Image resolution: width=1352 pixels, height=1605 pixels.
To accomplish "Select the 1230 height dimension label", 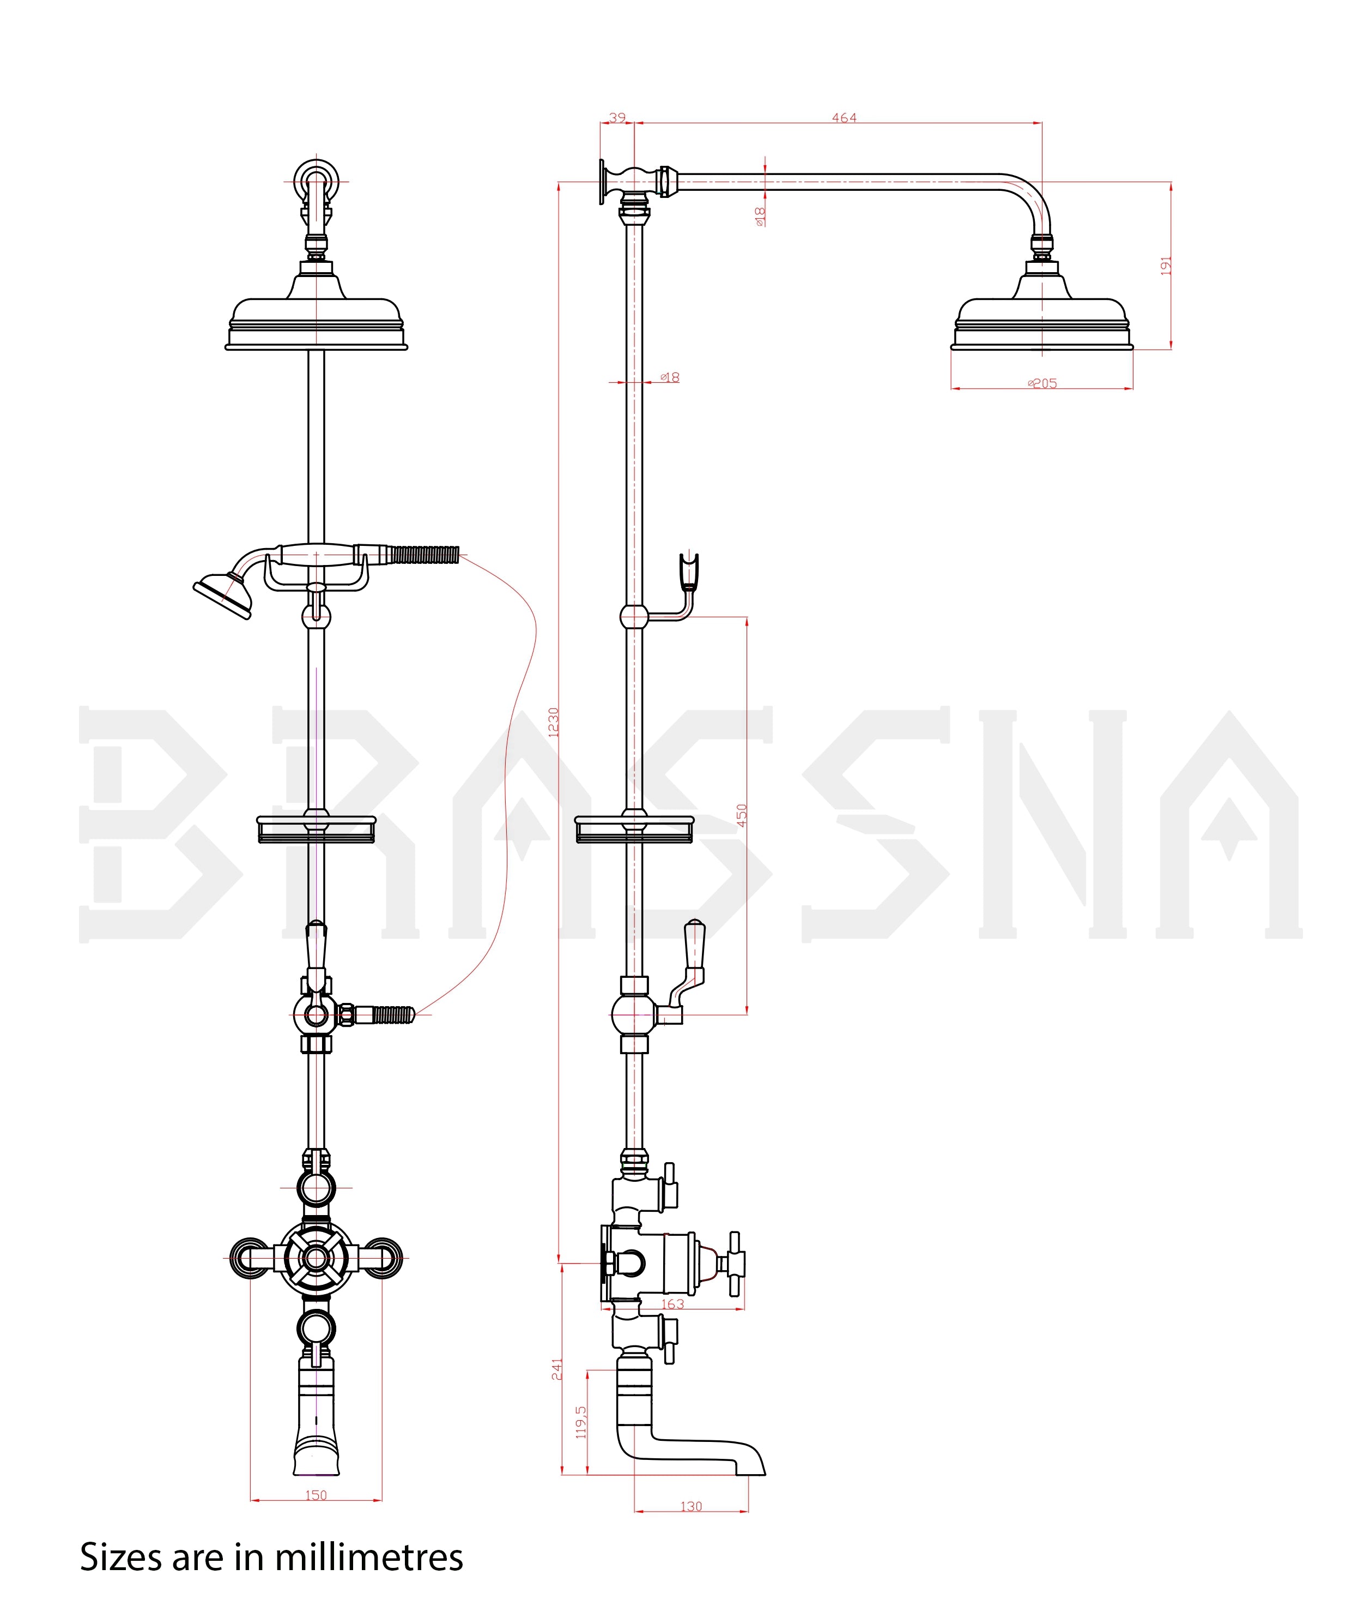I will (553, 722).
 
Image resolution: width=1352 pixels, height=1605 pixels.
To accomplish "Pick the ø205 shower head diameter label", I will (1042, 383).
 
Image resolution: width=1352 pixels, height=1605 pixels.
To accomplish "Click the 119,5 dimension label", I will (581, 1422).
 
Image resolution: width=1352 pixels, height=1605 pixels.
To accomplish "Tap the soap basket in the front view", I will (316, 829).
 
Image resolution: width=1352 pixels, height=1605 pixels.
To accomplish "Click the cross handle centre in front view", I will (316, 1258).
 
